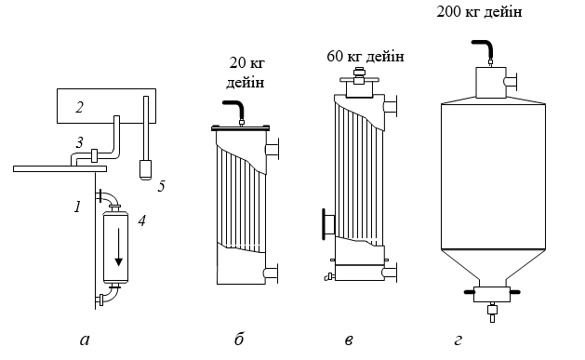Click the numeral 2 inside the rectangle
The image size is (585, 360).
coord(79,107)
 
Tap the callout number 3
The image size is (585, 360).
coord(79,142)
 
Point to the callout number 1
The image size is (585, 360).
coord(77,207)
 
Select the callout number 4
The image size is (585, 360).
coord(141,220)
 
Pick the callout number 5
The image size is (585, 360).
coord(161,186)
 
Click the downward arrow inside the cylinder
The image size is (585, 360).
coord(119,247)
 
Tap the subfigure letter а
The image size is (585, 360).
coord(85,340)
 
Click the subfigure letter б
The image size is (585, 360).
coord(239,339)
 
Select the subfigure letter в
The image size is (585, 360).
coord(349,340)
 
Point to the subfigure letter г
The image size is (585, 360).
coord(458,340)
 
